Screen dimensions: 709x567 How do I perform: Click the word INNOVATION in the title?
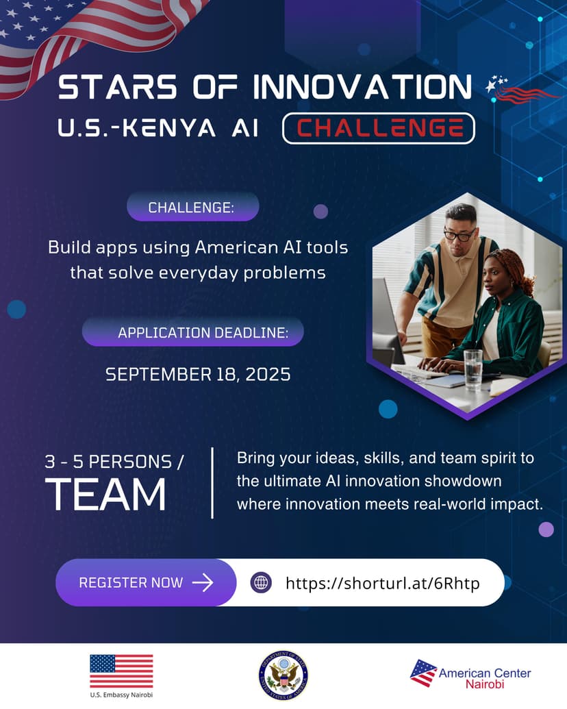tap(362, 87)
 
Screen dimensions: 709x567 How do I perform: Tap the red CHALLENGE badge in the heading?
tap(379, 128)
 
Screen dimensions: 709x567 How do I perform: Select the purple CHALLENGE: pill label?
tap(192, 207)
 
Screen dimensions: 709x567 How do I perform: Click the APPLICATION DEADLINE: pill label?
tap(193, 332)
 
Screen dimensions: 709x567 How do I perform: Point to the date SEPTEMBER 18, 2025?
tap(198, 374)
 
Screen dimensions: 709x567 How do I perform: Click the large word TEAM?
tap(105, 495)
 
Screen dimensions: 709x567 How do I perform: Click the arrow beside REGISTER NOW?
tap(203, 583)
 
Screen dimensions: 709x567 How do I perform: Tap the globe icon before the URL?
tap(261, 583)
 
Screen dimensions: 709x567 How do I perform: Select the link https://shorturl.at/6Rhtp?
tap(382, 583)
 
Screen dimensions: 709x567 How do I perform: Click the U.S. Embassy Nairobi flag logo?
tap(121, 671)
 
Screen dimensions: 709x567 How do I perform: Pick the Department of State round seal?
tap(283, 675)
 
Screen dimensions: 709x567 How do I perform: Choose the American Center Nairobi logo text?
tap(485, 678)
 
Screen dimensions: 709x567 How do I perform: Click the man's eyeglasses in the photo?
tap(458, 235)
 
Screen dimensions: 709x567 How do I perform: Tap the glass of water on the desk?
tap(473, 370)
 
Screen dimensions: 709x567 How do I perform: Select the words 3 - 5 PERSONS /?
tap(114, 462)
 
